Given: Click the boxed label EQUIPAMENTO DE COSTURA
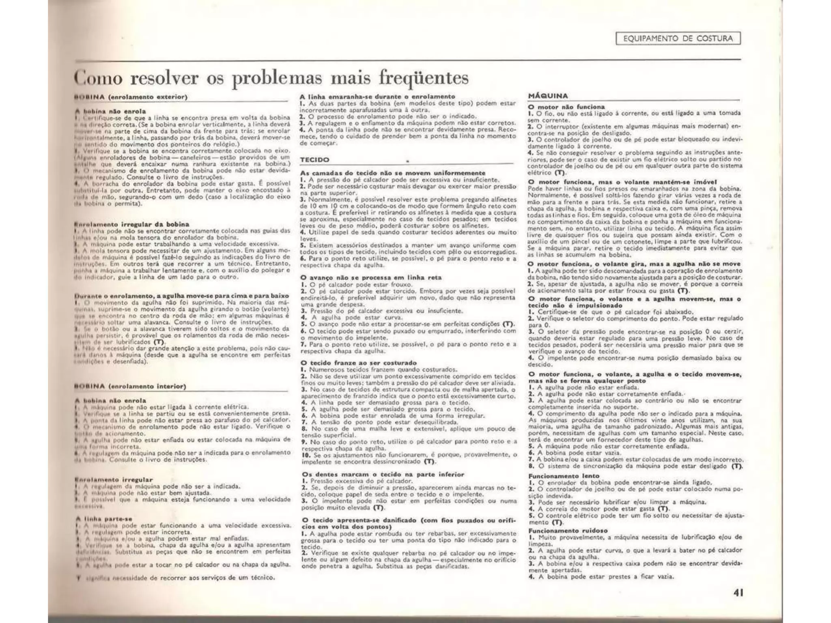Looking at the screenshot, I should coord(678,39).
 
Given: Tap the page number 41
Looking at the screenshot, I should coord(738,593).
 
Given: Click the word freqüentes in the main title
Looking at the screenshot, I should coord(423,77).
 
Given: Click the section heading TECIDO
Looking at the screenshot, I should coord(314,160).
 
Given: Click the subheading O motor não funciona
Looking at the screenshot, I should coord(566,107).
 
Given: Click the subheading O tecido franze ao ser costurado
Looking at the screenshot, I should coord(359,363).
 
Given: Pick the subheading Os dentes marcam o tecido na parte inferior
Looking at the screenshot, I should coord(383,474).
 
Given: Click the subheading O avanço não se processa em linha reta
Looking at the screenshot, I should coord(371,278).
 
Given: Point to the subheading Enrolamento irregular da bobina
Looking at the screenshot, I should coord(132,224).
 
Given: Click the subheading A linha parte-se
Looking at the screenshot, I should coord(104,519).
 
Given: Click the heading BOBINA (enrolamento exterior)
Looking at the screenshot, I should coord(131,97).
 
